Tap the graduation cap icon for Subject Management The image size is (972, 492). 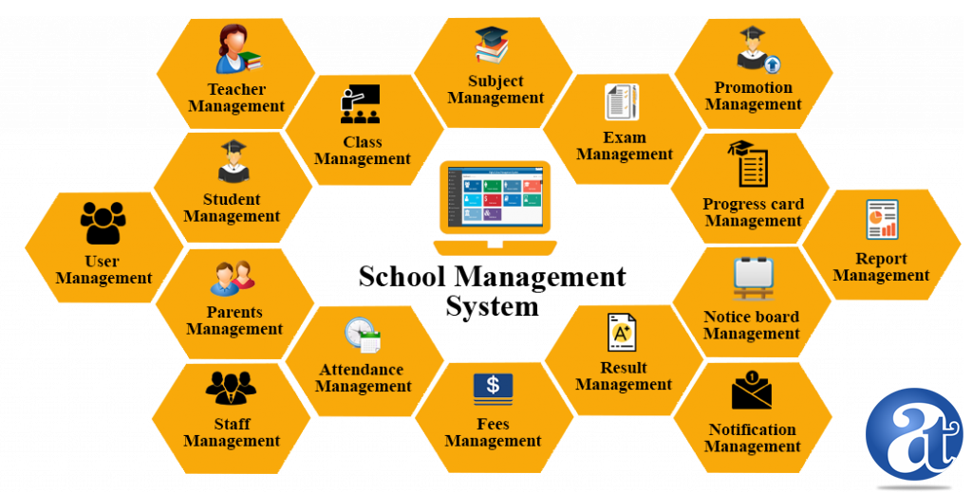pos(492,45)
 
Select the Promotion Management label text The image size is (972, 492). pos(754,96)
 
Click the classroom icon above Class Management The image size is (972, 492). pos(361,104)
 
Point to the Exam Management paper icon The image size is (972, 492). pos(622,102)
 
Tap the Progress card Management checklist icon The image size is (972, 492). pos(748,164)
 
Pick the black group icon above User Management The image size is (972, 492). pos(103,224)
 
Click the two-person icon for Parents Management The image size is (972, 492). pos(233,278)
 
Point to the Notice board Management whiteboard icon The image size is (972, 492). pos(753,278)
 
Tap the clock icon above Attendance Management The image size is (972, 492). pos(363,335)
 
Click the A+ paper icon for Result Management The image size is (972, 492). pos(622,333)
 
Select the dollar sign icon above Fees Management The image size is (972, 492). pos(493,388)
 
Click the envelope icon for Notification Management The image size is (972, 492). pos(752,391)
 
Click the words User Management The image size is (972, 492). pos(103,270)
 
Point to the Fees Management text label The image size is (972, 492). pos(493,432)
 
